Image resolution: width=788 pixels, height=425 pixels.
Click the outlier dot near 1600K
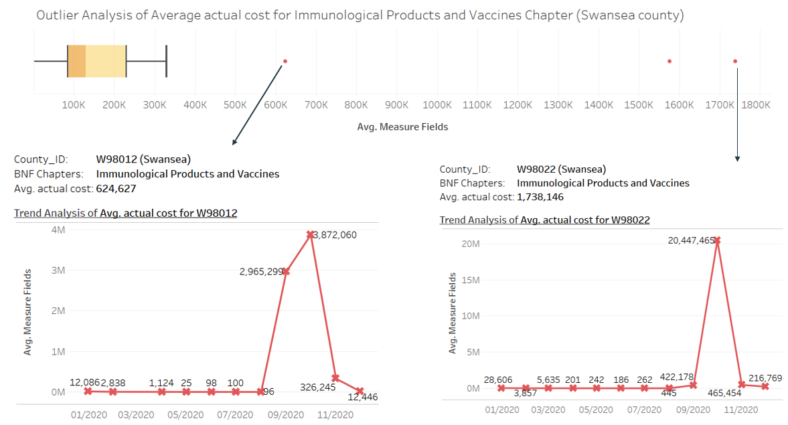pos(669,62)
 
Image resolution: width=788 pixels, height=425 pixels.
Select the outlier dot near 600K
pos(285,62)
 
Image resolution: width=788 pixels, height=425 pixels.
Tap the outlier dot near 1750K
pos(735,62)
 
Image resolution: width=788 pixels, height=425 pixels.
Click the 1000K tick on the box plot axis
pos(437,105)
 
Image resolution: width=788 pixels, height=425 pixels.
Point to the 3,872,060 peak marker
pos(311,235)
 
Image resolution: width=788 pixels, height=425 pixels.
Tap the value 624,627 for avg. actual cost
pos(112,189)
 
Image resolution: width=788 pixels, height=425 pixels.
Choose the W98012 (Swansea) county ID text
pos(143,159)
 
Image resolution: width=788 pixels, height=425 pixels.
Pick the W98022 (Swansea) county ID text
pos(562,169)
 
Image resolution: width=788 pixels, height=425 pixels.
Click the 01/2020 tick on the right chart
pos(501,410)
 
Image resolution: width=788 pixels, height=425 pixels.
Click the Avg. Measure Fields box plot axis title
pos(402,126)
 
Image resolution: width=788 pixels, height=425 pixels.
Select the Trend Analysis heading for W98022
pos(544,220)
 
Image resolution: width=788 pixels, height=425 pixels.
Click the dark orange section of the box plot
pos(76,62)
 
